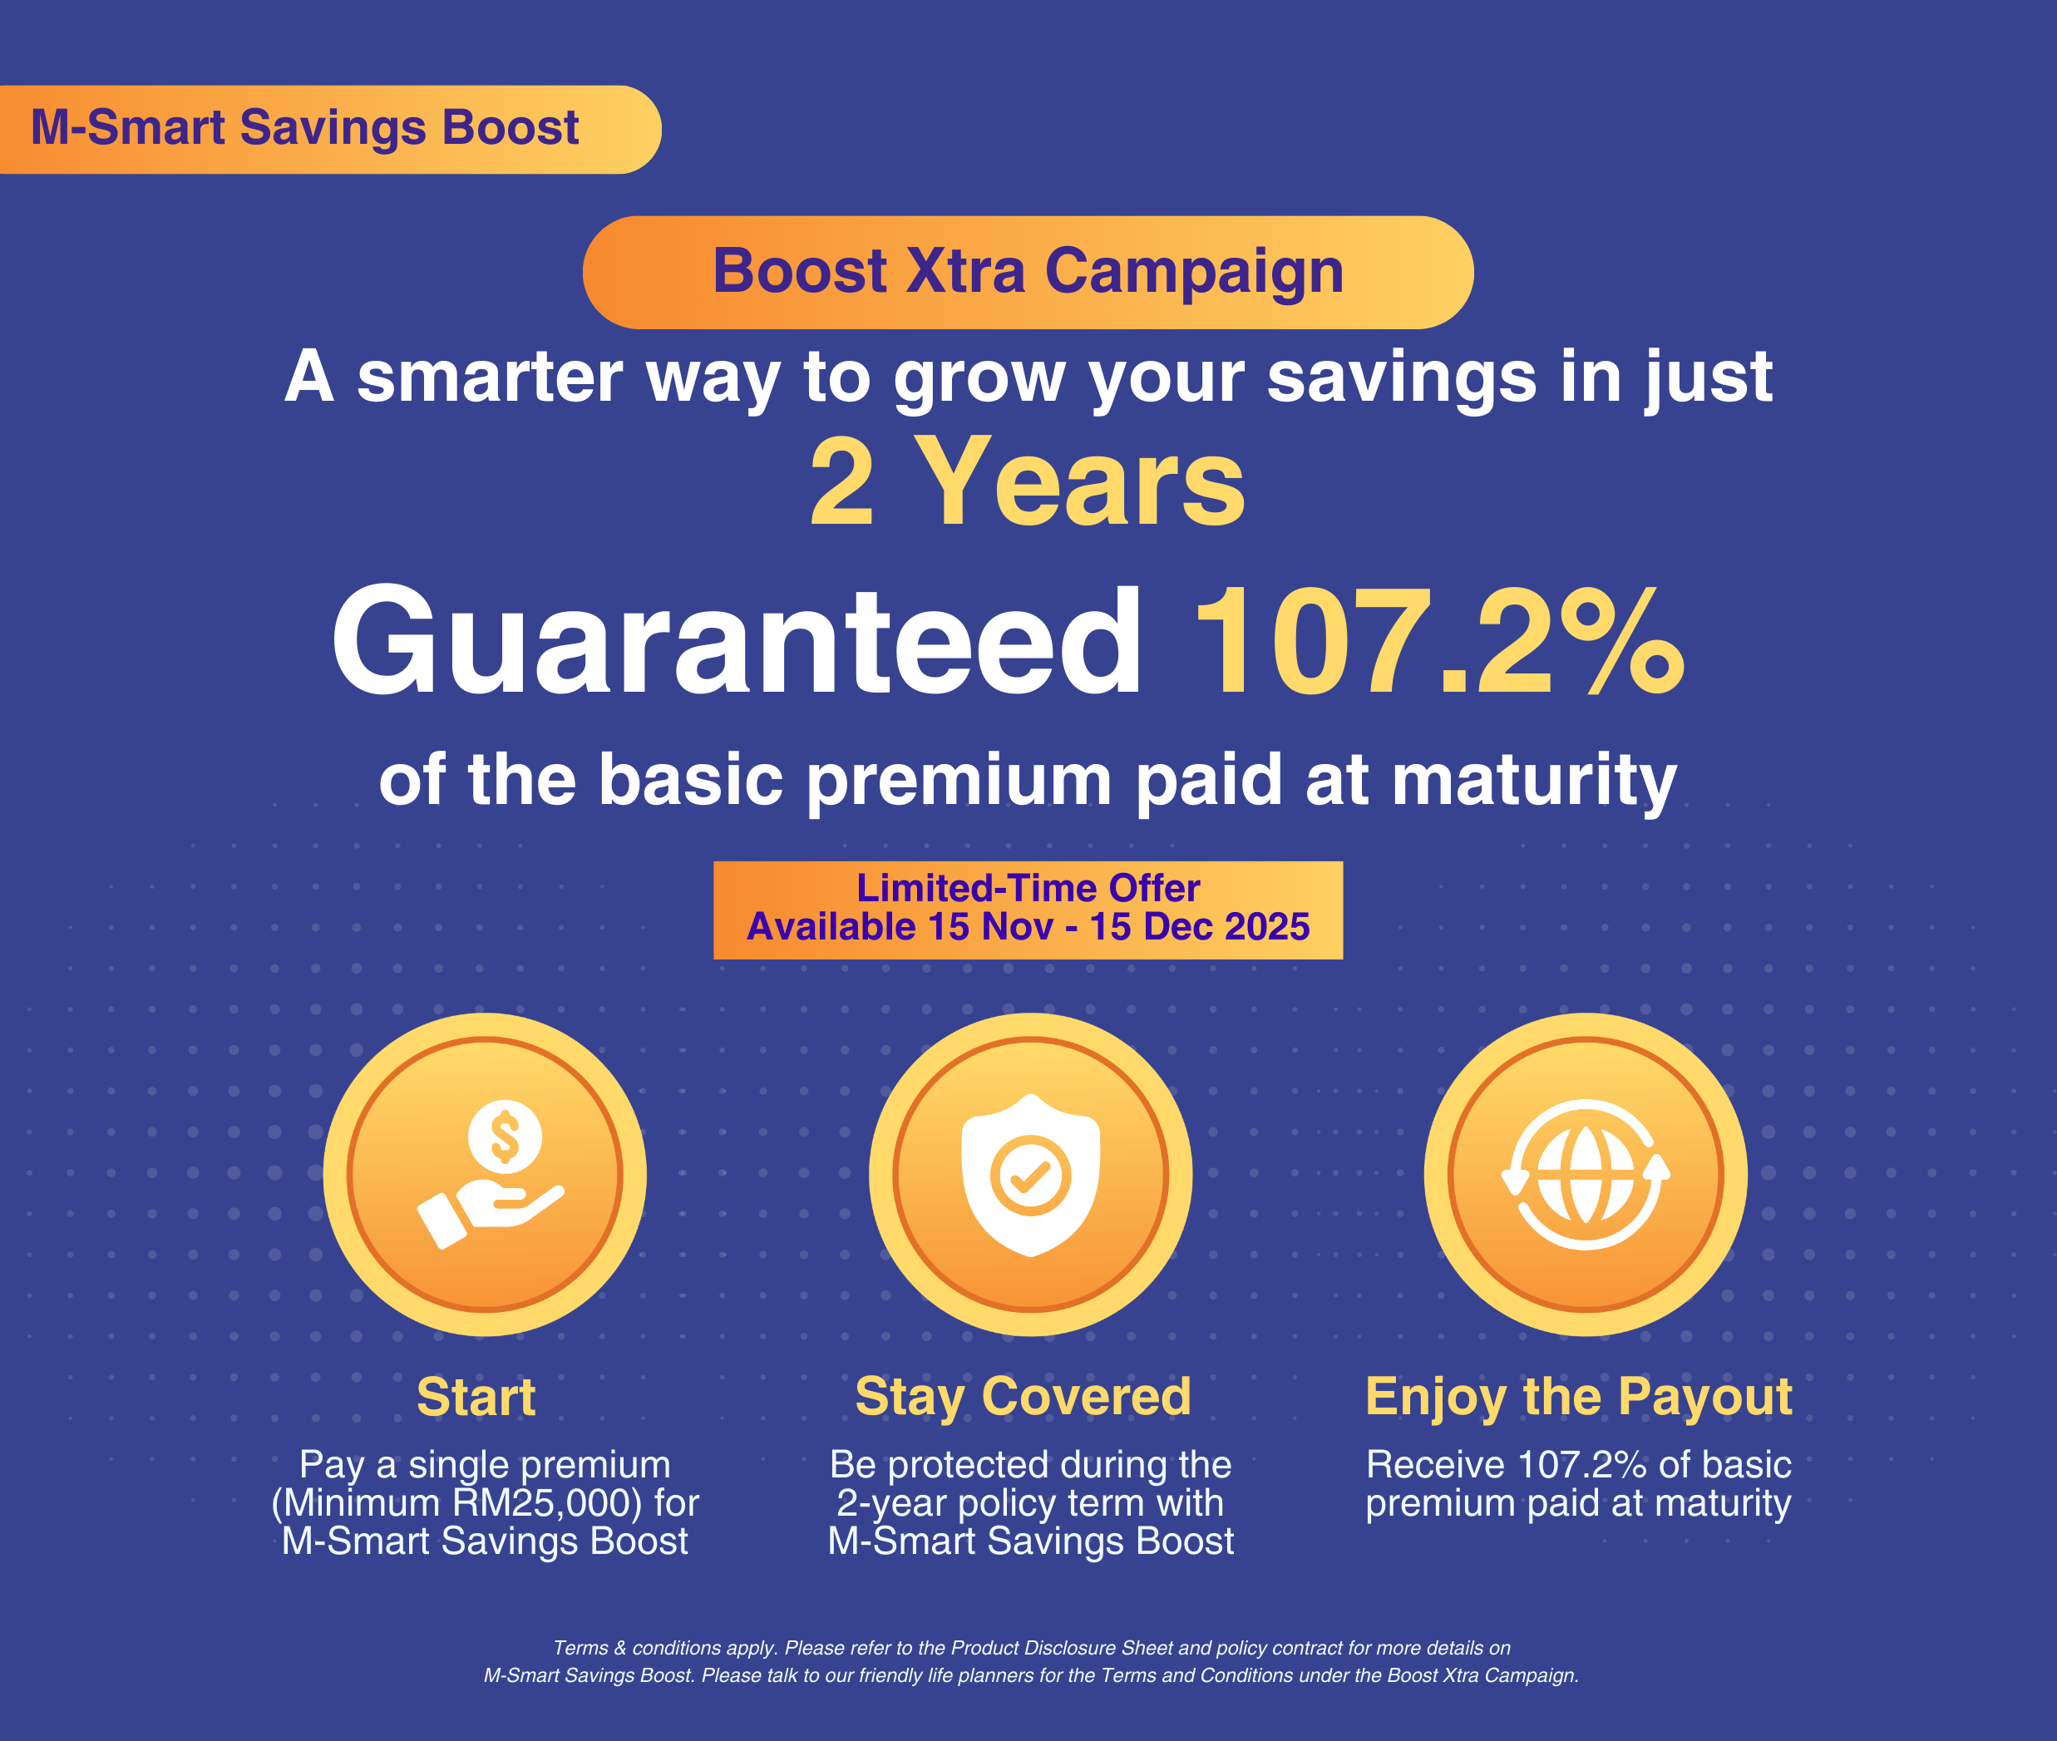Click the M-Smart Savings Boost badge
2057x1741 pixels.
pyautogui.click(x=330, y=130)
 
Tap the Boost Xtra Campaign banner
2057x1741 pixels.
pyautogui.click(x=1028, y=273)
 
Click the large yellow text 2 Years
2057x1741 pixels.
pyautogui.click(x=1028, y=482)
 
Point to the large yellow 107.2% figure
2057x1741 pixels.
pyautogui.click(x=1438, y=642)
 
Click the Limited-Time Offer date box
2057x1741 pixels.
pyautogui.click(x=1028, y=910)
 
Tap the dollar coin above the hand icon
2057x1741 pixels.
pyautogui.click(x=505, y=1136)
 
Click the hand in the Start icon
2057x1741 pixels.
pyautogui.click(x=491, y=1215)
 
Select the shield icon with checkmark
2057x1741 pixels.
pyautogui.click(x=1030, y=1176)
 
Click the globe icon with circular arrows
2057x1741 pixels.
pyautogui.click(x=1586, y=1175)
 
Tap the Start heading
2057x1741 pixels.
pyautogui.click(x=476, y=1398)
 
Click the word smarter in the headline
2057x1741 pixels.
pyautogui.click(x=491, y=378)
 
